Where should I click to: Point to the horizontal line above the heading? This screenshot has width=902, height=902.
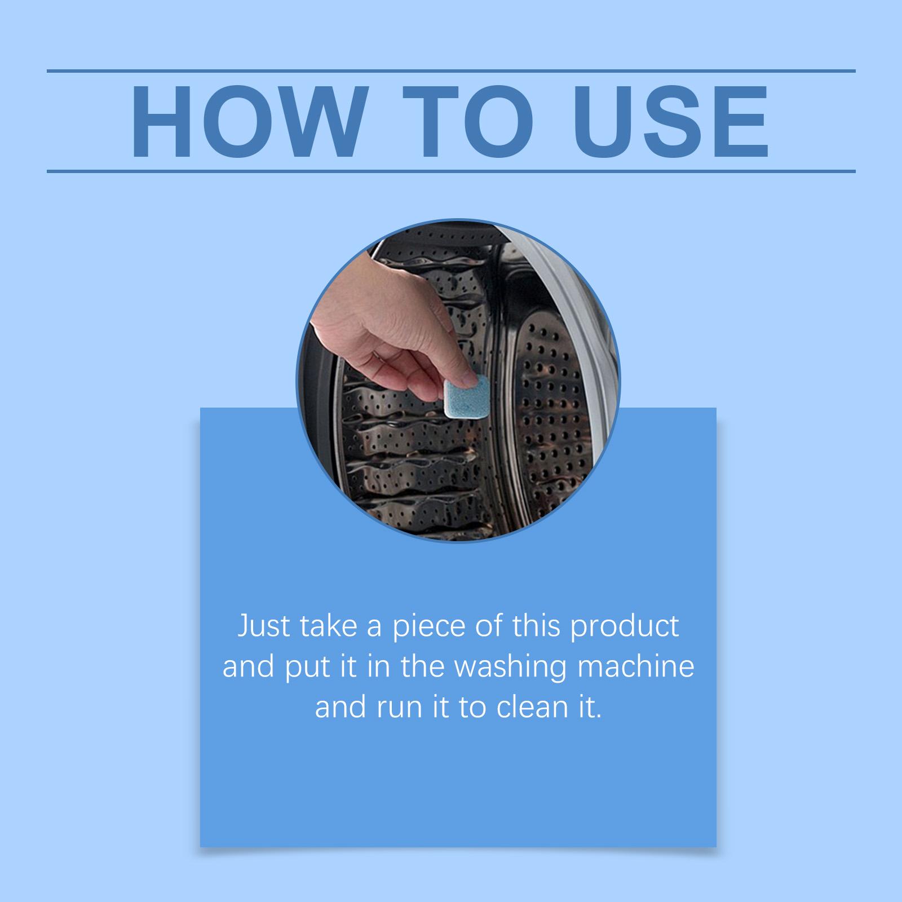[451, 72]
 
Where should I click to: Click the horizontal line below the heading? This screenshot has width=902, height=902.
[451, 171]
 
